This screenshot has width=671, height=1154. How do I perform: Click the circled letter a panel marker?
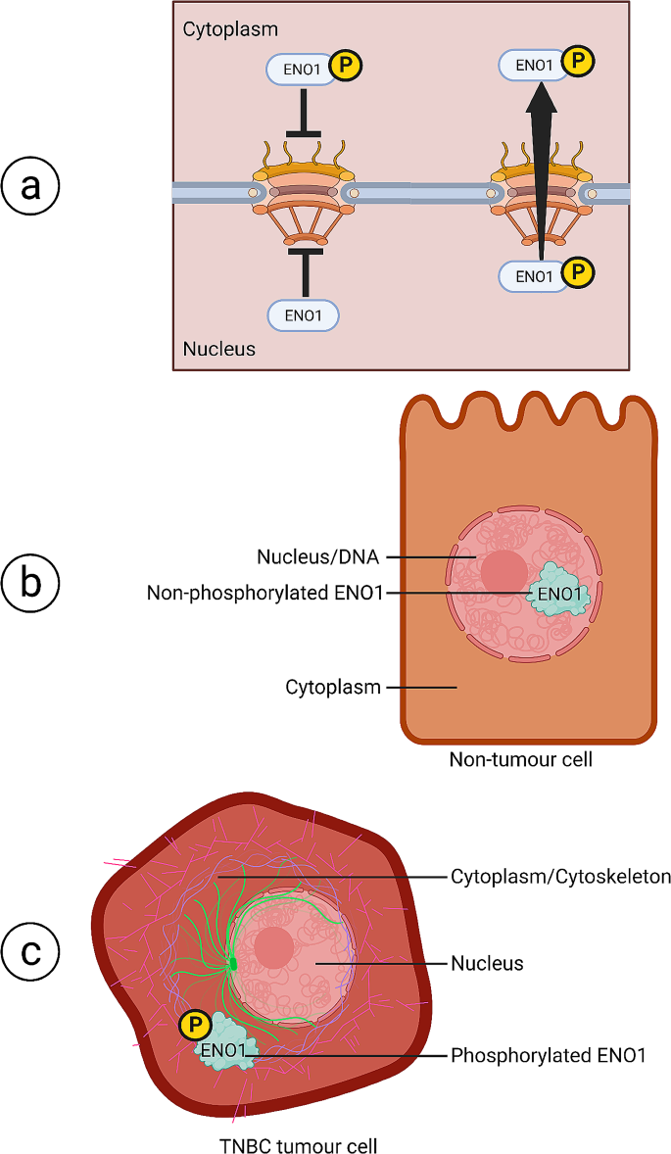click(31, 185)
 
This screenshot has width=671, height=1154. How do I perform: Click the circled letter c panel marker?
click(31, 949)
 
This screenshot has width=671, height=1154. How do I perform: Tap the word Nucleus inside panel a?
click(219, 348)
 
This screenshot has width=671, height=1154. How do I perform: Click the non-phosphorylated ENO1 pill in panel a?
click(303, 314)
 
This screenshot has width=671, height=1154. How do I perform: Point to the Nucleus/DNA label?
click(317, 557)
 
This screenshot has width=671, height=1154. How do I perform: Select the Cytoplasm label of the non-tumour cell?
click(332, 688)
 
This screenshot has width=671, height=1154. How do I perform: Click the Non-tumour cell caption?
click(520, 759)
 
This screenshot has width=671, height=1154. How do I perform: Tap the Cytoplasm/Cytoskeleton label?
click(560, 876)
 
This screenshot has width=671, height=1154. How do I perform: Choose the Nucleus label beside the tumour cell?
click(487, 963)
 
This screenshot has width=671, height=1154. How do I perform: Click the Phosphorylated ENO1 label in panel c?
click(548, 1055)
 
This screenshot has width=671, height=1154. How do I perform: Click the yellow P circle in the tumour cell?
click(196, 1026)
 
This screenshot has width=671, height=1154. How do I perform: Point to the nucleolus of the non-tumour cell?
click(505, 571)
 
